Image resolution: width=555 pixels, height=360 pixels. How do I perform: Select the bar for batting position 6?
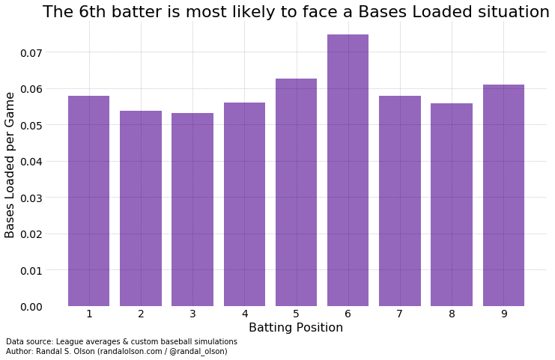pos(348,171)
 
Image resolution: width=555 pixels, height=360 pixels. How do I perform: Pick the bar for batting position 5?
pos(296,192)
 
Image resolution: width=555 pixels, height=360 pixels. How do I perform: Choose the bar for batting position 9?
pos(503,195)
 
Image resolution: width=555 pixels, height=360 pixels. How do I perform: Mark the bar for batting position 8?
pos(452,204)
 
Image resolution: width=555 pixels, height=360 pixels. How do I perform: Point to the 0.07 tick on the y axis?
pos(32,53)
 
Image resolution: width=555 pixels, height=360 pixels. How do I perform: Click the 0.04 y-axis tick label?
pos(32,162)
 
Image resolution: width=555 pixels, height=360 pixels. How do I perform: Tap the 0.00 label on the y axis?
pos(32,307)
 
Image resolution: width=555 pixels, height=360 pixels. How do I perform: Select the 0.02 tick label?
pos(32,234)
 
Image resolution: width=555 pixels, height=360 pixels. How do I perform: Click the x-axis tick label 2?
pos(141,314)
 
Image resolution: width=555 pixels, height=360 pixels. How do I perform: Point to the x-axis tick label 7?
pos(400,314)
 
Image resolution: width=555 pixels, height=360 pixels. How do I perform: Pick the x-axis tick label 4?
pos(244,314)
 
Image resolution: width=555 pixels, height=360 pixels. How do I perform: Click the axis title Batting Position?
pos(296,328)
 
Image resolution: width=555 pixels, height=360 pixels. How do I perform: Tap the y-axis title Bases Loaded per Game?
pos(10,165)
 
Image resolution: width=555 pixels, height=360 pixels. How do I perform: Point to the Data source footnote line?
pos(121,342)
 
